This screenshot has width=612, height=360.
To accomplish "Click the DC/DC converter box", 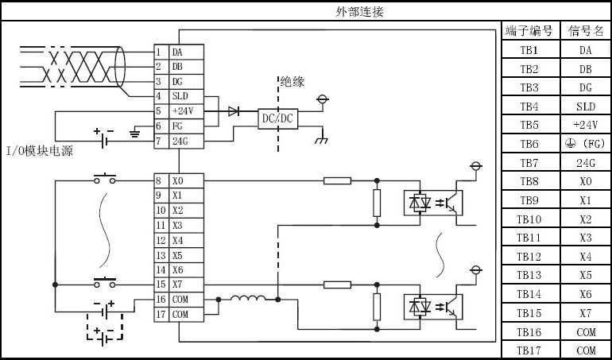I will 278,118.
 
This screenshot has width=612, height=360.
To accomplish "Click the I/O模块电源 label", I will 40,150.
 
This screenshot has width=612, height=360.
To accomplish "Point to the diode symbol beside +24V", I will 234,111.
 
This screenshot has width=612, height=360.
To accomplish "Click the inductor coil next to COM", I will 248,300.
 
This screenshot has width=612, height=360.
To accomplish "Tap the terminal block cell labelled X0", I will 187,181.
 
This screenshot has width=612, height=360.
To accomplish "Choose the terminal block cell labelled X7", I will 187,285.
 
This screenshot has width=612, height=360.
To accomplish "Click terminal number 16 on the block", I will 161,300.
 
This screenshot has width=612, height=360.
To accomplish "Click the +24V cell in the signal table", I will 585,126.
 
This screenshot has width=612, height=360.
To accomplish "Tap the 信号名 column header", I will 585,32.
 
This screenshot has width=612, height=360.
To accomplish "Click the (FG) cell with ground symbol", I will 585,144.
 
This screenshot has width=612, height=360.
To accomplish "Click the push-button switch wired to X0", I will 105,179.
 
